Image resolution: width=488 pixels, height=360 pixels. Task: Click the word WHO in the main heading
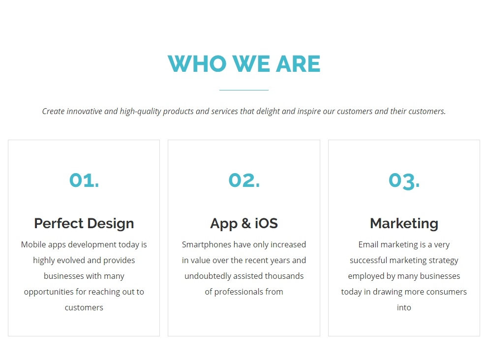click(197, 64)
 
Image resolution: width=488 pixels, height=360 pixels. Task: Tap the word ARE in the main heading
click(298, 64)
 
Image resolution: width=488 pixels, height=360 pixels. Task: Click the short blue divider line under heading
click(244, 90)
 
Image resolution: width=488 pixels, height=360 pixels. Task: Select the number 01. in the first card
click(84, 180)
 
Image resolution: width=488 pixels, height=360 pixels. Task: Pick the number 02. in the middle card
click(244, 180)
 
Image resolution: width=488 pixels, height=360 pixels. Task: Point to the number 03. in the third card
click(404, 181)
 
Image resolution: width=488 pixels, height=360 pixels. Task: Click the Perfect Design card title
click(84, 223)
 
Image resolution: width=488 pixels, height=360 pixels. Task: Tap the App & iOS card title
click(244, 223)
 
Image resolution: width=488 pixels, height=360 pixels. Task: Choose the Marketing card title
click(404, 223)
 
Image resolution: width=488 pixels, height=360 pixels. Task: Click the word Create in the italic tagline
click(53, 111)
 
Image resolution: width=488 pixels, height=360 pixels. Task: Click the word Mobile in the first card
click(33, 244)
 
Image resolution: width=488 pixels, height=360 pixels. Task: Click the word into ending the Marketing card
click(404, 307)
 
